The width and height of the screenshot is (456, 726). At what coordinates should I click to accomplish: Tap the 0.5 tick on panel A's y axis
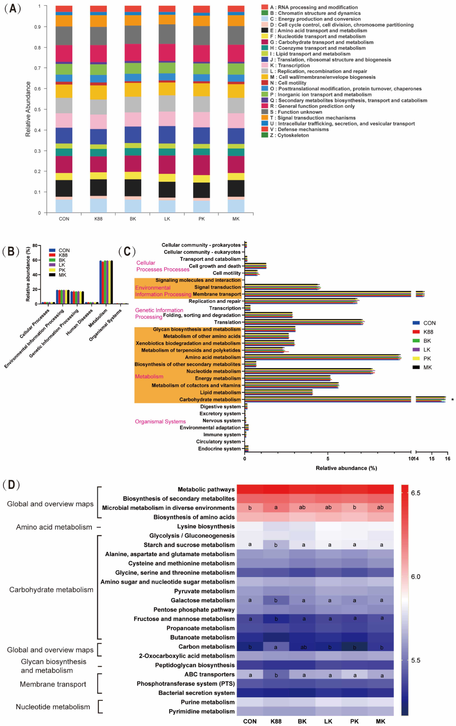coord(37,109)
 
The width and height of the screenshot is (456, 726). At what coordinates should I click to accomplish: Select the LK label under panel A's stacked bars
coord(167,219)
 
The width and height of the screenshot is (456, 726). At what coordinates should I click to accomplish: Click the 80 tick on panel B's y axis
coord(35,246)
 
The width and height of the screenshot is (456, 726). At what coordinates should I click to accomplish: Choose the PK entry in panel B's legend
coord(62,270)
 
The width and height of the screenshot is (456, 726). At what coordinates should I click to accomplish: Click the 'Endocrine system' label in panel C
coord(219,449)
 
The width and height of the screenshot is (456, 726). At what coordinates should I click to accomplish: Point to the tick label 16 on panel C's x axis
coord(448,459)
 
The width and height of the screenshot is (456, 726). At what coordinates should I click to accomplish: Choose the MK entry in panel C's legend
coord(427,367)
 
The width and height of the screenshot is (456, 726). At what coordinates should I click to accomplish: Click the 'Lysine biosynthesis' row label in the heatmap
coord(206,526)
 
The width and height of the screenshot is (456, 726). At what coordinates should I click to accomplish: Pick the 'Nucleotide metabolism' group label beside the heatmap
coord(53,707)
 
